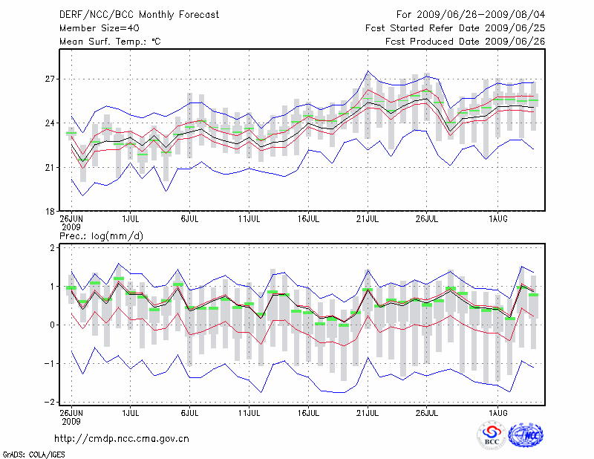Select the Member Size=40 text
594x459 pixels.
(94, 28)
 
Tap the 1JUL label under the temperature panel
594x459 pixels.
(131, 220)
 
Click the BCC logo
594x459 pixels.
(491, 437)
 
